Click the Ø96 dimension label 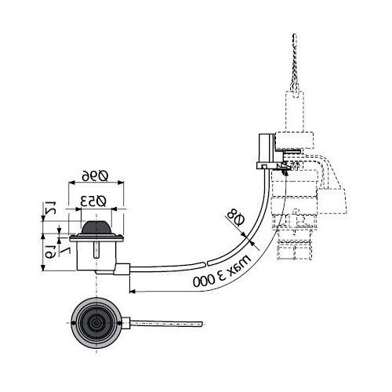pos(95,176)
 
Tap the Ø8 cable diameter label pos(235,217)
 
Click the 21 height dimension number pos(49,208)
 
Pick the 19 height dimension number pos(50,252)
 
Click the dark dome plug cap pos(97,227)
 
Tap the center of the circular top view pos(96,323)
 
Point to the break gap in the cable pos(205,263)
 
